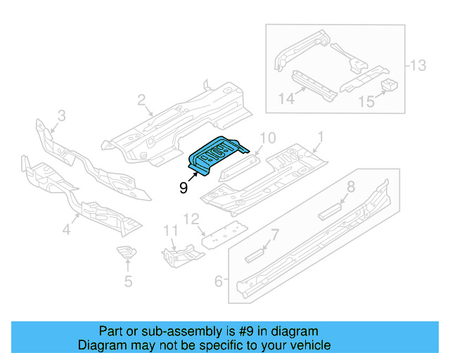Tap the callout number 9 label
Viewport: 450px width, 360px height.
click(183, 188)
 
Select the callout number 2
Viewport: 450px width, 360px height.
click(141, 101)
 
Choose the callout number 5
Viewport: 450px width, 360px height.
click(127, 283)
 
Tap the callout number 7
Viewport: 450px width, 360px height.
click(275, 234)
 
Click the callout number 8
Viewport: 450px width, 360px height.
click(351, 187)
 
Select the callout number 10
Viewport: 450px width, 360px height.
click(269, 137)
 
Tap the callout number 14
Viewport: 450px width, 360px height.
click(285, 100)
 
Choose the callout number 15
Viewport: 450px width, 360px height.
click(366, 102)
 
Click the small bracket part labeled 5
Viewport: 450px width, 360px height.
click(126, 253)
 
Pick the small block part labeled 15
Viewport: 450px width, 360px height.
click(390, 86)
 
